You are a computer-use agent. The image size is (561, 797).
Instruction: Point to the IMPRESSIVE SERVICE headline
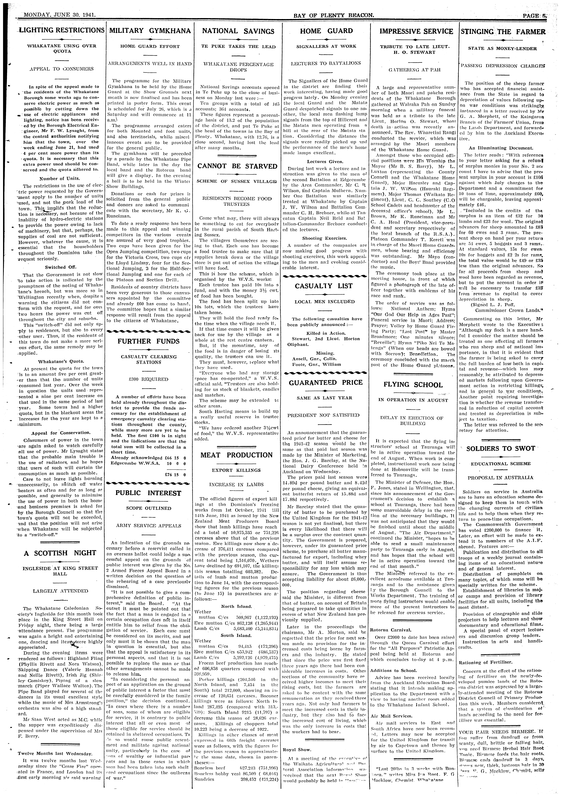(x=416, y=31)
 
